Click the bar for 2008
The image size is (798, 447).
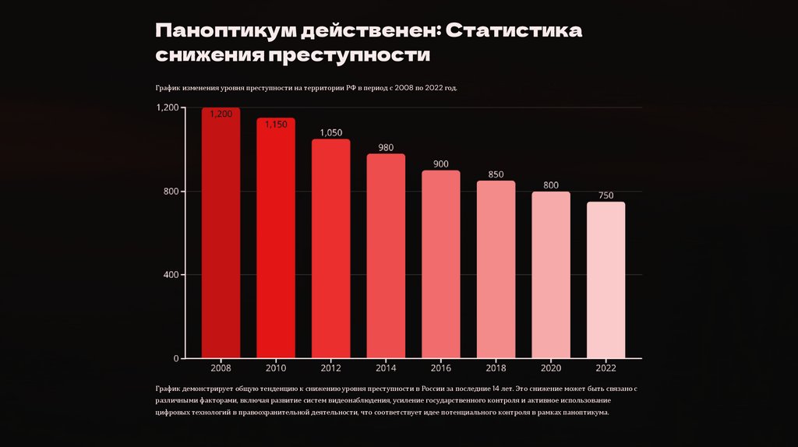tap(221, 234)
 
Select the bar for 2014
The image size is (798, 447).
tap(386, 257)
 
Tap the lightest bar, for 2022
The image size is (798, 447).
tap(606, 280)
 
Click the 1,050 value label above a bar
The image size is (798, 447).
tap(331, 132)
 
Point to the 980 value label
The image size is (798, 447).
tap(386, 147)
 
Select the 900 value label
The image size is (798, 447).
tap(441, 164)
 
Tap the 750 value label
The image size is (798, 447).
tap(606, 195)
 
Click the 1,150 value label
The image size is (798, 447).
tap(276, 124)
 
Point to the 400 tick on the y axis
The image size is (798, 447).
tap(169, 275)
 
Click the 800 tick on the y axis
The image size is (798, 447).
tap(169, 192)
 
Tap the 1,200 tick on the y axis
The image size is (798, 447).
tap(167, 107)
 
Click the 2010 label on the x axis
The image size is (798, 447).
tap(276, 368)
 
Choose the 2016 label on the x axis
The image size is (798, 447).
tap(441, 368)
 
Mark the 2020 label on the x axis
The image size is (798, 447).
tap(551, 368)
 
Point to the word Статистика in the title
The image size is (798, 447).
tap(515, 31)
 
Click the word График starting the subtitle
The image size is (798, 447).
tap(168, 88)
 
